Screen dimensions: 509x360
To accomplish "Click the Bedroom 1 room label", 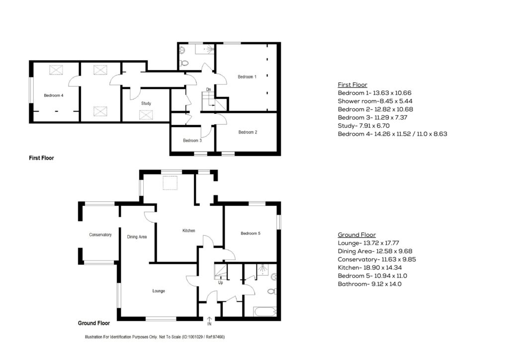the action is click(x=247, y=77).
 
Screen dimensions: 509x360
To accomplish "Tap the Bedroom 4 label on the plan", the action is click(x=54, y=95).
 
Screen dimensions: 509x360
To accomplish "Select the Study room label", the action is click(x=146, y=103).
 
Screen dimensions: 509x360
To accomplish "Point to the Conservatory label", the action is click(x=100, y=235).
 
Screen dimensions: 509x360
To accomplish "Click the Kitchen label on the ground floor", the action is click(x=188, y=231).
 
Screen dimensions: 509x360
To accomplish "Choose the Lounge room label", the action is click(x=159, y=291).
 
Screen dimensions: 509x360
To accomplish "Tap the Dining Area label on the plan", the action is click(x=137, y=237).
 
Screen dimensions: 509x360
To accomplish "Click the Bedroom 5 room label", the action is click(x=251, y=233).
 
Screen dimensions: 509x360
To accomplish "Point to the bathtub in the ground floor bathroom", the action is click(x=265, y=312).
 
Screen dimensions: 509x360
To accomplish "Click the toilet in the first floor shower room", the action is click(x=184, y=63).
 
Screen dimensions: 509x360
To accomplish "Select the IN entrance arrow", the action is click(x=209, y=319).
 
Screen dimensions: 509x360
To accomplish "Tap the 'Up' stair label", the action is click(x=220, y=283).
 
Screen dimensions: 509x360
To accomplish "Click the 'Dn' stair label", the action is click(x=208, y=90).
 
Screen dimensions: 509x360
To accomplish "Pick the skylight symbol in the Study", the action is click(x=146, y=115).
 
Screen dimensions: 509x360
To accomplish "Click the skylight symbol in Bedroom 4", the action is click(x=56, y=70).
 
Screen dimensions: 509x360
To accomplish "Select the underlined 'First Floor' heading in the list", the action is click(x=352, y=85).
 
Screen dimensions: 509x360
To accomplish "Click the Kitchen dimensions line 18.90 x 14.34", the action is click(x=370, y=268).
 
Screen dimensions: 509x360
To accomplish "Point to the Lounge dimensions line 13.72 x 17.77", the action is click(x=368, y=243).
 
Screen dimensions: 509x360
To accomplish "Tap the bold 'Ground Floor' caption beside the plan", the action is click(x=94, y=323).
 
